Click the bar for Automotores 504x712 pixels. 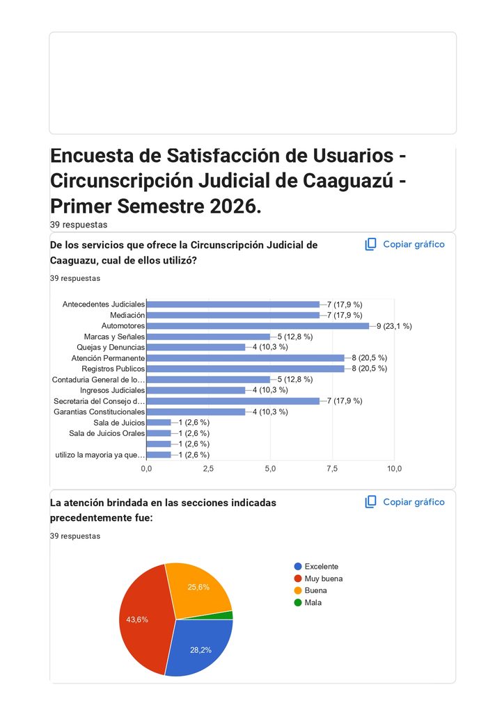point(258,326)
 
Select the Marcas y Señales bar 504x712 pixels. point(208,337)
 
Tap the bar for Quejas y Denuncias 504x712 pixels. point(196,348)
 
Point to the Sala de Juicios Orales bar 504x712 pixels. point(159,434)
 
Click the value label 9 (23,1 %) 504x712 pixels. point(394,326)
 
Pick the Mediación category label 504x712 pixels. point(127,315)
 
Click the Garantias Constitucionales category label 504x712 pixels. point(99,412)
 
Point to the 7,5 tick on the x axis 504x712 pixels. point(332,469)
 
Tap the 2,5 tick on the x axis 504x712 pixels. point(208,469)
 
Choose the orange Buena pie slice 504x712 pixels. point(200,590)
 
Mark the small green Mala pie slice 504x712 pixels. point(225,616)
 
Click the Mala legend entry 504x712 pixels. point(308,603)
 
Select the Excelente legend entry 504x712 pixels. point(316,566)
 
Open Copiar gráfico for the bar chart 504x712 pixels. point(404,244)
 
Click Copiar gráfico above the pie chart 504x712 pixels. point(404,502)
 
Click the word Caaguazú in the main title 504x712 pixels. point(348,181)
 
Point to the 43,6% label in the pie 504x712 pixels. point(137,620)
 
